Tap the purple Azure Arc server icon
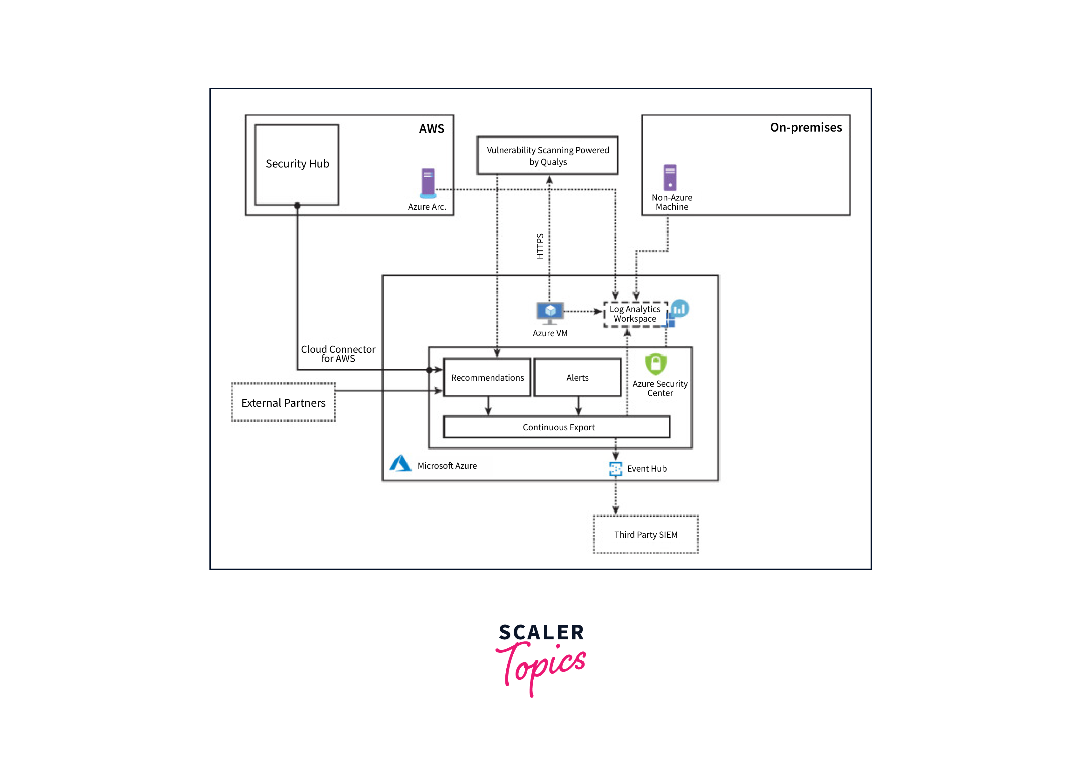[x=428, y=183]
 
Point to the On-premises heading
[x=805, y=127]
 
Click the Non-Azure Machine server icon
[x=669, y=177]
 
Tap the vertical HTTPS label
[x=540, y=246]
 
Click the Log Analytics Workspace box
[x=635, y=314]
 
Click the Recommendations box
[x=487, y=378]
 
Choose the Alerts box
[x=577, y=378]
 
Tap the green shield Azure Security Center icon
[x=655, y=364]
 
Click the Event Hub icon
[x=615, y=469]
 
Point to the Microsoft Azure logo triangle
[x=400, y=464]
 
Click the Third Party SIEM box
[x=646, y=535]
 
